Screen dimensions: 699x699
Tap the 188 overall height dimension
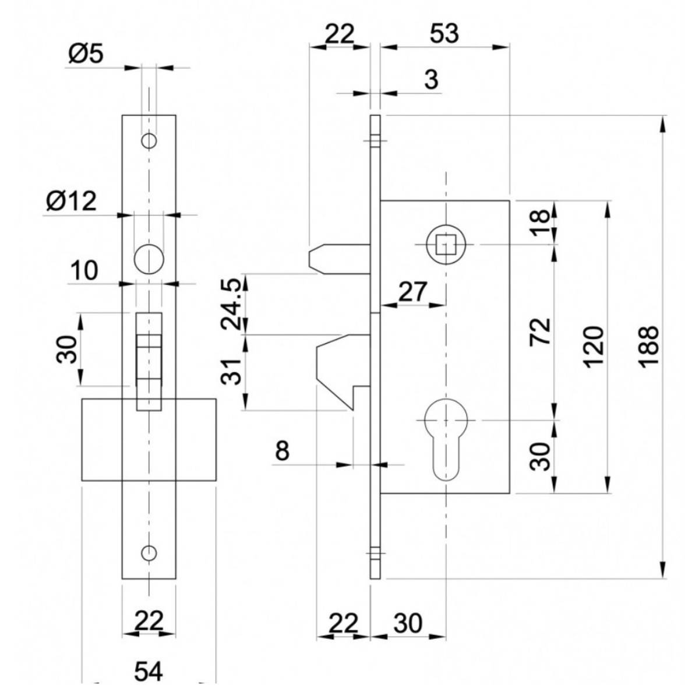648,347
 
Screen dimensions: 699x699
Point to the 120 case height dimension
595,347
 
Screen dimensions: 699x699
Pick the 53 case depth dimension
444,34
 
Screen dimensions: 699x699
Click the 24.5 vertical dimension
231,303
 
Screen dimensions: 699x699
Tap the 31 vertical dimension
231,372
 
